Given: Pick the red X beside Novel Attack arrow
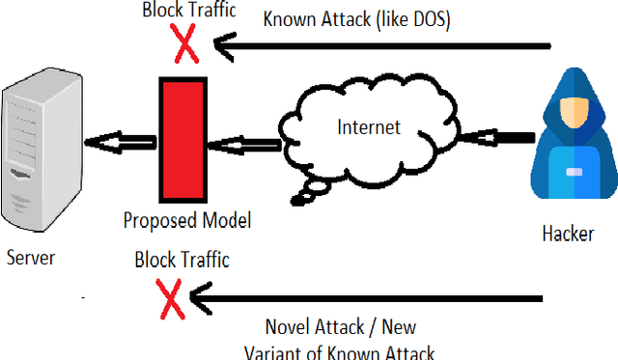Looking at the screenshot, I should (x=172, y=298).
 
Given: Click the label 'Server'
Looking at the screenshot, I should (x=31, y=258).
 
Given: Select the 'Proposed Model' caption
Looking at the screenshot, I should (x=186, y=221).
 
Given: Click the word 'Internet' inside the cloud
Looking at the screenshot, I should (x=368, y=126).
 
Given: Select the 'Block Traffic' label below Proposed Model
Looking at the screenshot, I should (x=182, y=260).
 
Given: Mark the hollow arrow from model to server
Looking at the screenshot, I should (x=118, y=144).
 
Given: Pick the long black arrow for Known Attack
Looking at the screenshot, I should (x=386, y=44).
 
